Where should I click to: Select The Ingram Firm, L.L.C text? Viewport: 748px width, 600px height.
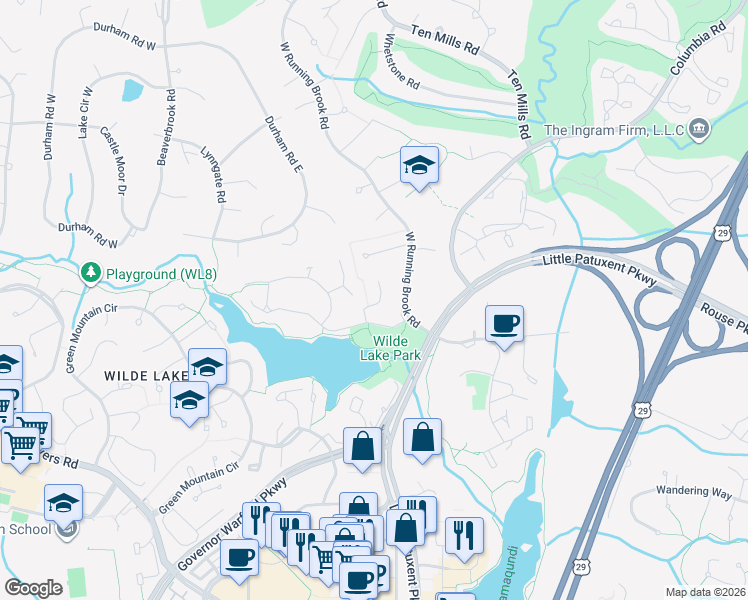click(x=612, y=130)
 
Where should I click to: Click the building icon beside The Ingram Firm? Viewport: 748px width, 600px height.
click(x=699, y=129)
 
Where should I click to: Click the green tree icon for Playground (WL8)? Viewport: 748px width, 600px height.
click(x=91, y=272)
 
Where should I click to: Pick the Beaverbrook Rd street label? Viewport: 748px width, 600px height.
click(x=166, y=129)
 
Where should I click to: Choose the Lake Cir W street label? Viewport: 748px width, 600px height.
click(x=85, y=112)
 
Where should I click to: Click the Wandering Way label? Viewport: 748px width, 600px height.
click(x=694, y=491)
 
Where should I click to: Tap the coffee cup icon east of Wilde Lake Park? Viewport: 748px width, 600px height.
click(x=504, y=324)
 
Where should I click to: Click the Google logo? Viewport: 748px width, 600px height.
click(x=33, y=588)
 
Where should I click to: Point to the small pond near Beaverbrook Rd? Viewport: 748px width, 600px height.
click(x=131, y=90)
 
